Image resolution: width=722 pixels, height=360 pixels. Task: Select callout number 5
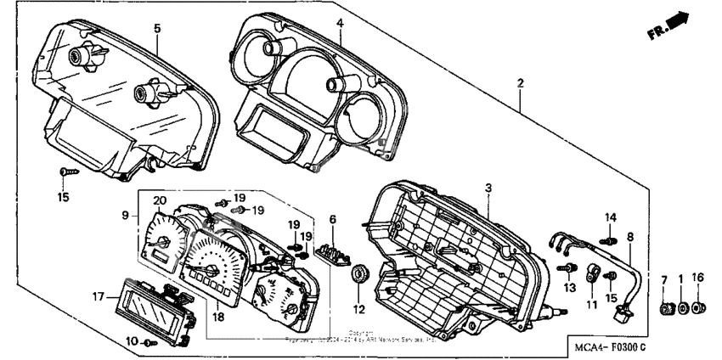pyautogui.click(x=157, y=28)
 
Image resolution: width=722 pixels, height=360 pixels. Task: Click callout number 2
pyautogui.click(x=520, y=83)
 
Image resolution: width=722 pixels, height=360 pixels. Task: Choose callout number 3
pyautogui.click(x=488, y=187)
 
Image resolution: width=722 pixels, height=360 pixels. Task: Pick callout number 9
pyautogui.click(x=125, y=217)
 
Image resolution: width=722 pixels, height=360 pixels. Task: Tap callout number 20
pyautogui.click(x=158, y=200)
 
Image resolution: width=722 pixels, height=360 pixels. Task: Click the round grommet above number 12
pyautogui.click(x=358, y=273)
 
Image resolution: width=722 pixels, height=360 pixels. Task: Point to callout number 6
pyautogui.click(x=333, y=219)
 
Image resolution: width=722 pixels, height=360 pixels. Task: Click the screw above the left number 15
pyautogui.click(x=65, y=173)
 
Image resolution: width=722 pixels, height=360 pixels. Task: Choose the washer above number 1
pyautogui.click(x=682, y=306)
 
